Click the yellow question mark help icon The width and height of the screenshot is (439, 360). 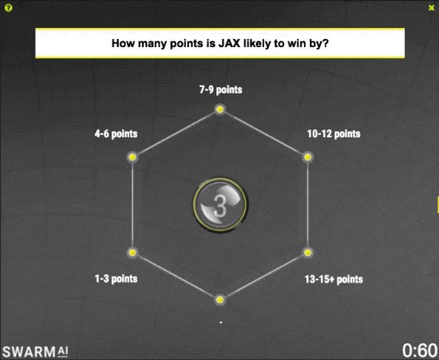pos(9,8)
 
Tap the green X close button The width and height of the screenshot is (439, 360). pos(432,8)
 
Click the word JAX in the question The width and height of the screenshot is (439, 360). pos(230,43)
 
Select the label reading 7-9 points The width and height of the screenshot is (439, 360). pos(220,90)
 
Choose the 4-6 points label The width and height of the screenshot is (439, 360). pos(116,134)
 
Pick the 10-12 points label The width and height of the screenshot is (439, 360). pos(334,134)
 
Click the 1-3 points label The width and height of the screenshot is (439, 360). pos(116,279)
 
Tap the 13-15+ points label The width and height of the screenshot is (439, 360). pos(334,279)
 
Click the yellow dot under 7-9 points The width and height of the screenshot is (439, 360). pos(219,109)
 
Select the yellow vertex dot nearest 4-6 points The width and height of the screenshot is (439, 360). pos(132,157)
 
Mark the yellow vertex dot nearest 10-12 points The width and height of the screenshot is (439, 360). pos(307,157)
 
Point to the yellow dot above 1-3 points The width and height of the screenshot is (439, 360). pos(132,252)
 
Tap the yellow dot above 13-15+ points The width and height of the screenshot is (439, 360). pos(307,252)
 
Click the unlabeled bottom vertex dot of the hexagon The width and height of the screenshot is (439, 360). pos(219,300)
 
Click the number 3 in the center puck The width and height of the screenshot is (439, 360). pos(219,206)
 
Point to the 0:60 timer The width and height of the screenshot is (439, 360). pos(420,350)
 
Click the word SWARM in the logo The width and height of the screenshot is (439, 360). pos(29,352)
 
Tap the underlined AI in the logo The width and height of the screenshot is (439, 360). pos(63,351)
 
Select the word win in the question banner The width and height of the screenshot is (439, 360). pos(294,43)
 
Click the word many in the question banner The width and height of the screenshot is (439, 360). pos(150,44)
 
